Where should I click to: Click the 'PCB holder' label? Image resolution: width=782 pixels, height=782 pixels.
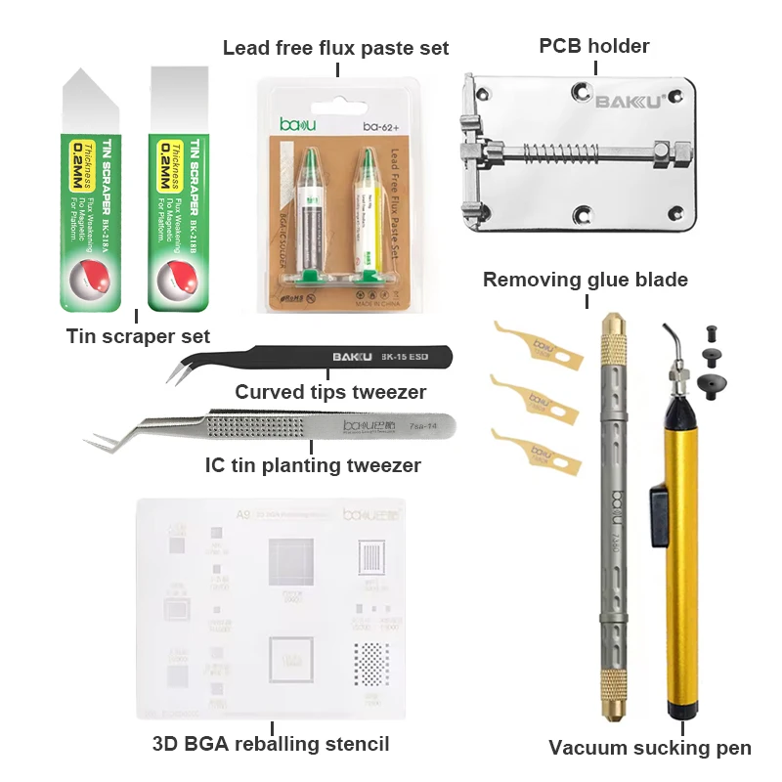[593, 45]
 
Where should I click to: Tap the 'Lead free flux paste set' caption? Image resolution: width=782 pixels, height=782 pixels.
[336, 48]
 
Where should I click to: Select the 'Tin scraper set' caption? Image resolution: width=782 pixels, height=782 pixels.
[138, 336]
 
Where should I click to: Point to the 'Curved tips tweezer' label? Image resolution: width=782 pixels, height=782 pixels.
[330, 392]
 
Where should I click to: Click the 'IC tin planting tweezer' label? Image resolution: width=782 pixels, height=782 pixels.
[314, 465]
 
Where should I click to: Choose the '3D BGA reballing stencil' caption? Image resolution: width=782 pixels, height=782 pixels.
[271, 744]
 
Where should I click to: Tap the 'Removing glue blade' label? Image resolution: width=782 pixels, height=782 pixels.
[586, 281]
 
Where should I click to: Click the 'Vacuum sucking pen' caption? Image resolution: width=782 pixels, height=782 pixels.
[650, 749]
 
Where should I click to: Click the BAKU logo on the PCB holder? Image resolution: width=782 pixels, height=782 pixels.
[630, 100]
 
